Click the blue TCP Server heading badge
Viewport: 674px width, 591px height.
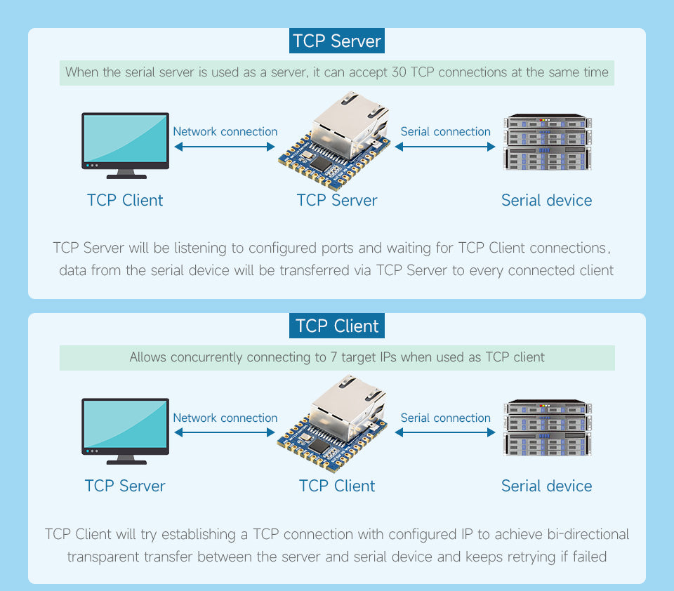(x=337, y=41)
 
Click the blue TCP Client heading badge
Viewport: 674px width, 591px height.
(x=337, y=326)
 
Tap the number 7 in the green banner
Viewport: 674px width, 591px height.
(x=333, y=357)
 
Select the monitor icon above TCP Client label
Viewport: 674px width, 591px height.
(x=126, y=145)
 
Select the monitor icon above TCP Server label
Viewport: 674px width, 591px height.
(x=126, y=430)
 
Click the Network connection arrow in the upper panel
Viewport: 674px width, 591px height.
(x=225, y=147)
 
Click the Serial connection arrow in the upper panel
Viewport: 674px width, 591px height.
(x=445, y=147)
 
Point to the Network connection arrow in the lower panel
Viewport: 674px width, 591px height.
(x=225, y=432)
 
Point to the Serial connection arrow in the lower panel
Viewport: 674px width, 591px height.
(x=445, y=432)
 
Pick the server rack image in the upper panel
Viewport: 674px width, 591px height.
(x=547, y=142)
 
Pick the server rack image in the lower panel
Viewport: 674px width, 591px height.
(x=547, y=428)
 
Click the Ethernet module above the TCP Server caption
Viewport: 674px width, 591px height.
(x=335, y=143)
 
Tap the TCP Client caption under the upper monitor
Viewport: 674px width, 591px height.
(x=125, y=201)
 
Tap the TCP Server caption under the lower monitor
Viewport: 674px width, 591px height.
(x=125, y=486)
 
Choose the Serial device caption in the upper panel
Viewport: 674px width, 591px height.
(x=546, y=201)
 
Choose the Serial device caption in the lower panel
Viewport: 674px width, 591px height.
(x=546, y=486)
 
